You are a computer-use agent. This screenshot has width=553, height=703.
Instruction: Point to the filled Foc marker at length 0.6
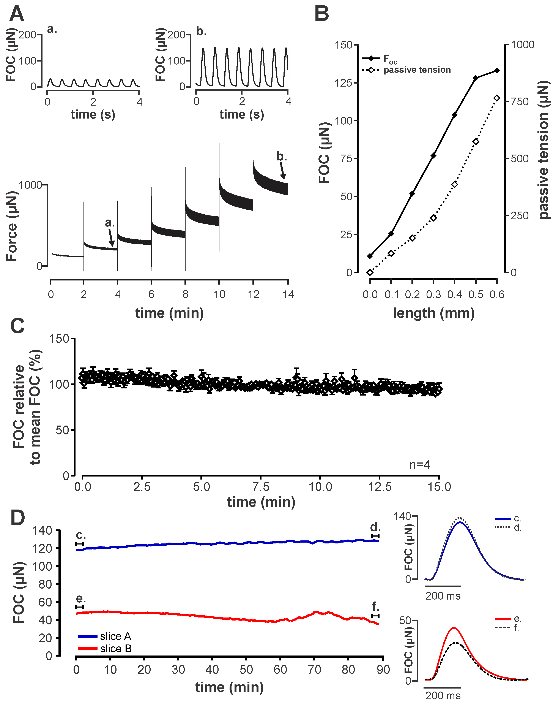click(x=497, y=71)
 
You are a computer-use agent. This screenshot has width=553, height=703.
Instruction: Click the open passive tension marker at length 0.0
click(x=370, y=272)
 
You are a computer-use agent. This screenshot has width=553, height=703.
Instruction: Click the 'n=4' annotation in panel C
click(x=420, y=465)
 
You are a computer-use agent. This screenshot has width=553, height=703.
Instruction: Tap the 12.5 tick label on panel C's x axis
click(x=380, y=487)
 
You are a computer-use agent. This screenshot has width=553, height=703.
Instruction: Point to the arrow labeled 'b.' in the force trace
click(x=283, y=171)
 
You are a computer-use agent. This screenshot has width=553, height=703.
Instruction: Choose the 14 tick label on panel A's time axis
click(x=288, y=294)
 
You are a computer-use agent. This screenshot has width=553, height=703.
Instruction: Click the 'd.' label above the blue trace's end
click(x=375, y=527)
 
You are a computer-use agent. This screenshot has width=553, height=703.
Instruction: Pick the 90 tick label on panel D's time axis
click(x=383, y=670)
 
